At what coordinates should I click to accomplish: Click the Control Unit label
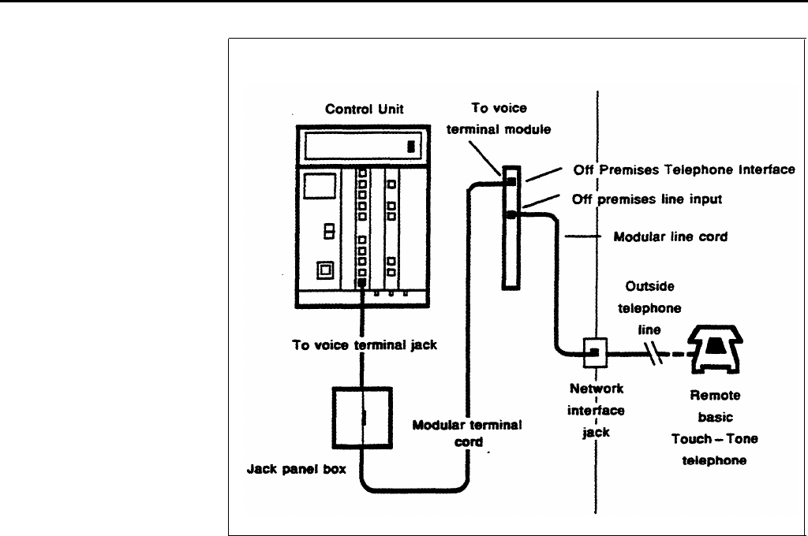pos(365,109)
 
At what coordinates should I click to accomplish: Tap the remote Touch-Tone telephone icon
pos(715,349)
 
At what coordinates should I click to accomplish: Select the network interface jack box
pos(595,352)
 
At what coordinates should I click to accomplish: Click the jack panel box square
pos(362,418)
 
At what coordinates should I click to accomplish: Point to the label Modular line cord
pos(671,236)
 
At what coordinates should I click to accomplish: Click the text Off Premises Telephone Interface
pos(684,169)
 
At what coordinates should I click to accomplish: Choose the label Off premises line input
pos(647,199)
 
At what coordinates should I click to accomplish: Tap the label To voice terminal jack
pos(365,345)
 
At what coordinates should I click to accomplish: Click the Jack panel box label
pos(297,469)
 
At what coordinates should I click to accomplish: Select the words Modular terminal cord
pos(467,433)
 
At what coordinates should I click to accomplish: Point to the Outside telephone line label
pos(649,308)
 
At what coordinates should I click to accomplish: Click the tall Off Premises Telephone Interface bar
pos(511,228)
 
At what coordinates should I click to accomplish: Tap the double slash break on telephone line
pos(654,353)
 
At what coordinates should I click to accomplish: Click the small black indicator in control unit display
pos(410,147)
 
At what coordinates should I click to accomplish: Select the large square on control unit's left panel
pos(320,186)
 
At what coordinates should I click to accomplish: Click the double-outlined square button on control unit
pos(325,270)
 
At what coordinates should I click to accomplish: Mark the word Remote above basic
pos(715,396)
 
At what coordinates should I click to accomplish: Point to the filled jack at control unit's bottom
pos(361,283)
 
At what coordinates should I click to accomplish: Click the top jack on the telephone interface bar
pos(511,182)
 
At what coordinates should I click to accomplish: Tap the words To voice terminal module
pos(499,118)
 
